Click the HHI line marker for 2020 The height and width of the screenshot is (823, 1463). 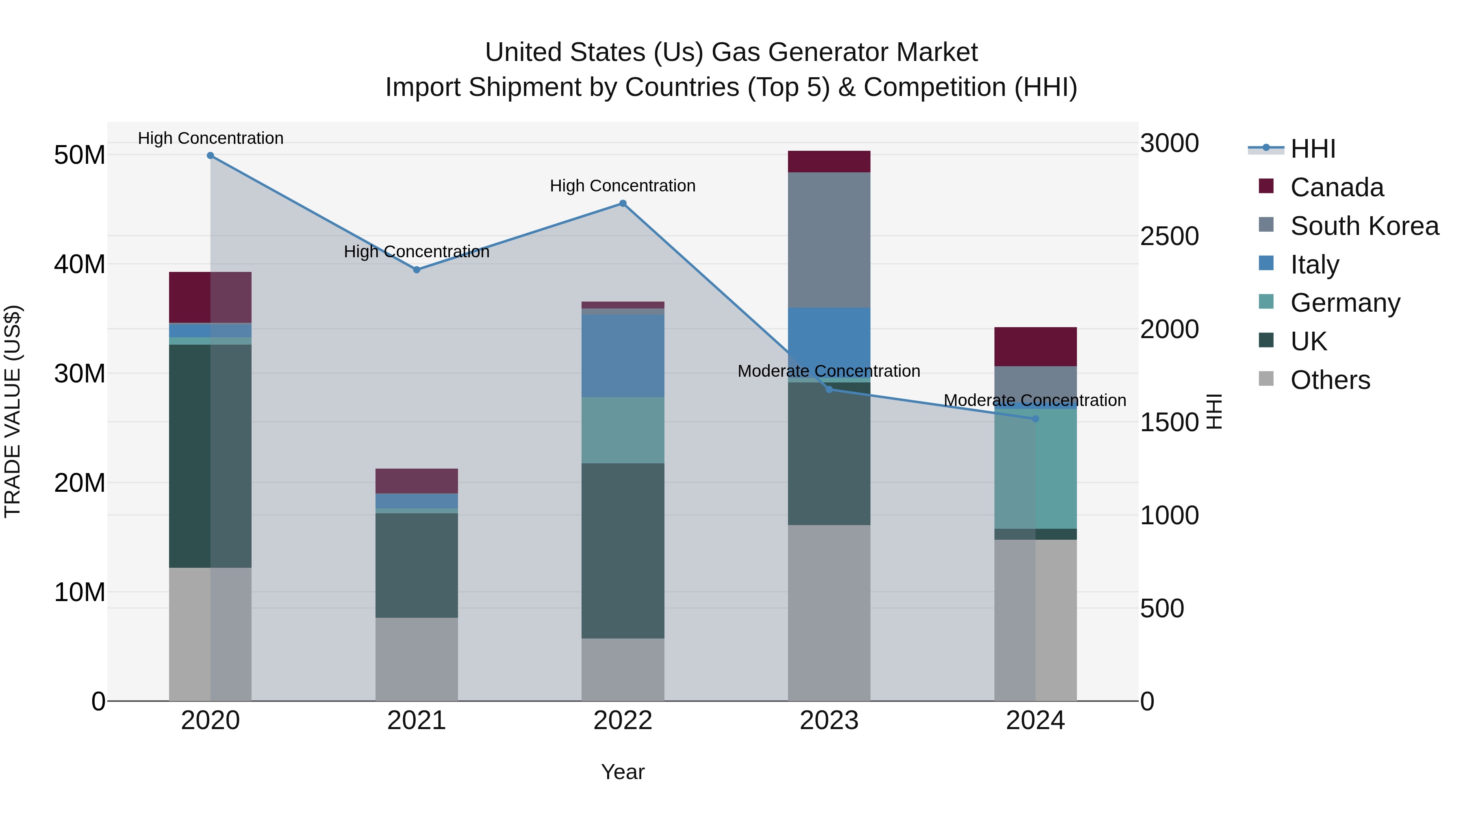[x=210, y=156]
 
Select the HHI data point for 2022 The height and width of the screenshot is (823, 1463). [x=623, y=203]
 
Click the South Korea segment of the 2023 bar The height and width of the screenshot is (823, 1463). [x=829, y=240]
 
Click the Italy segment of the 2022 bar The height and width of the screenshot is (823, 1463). [x=623, y=356]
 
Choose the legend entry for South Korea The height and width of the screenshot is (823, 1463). [x=1364, y=226]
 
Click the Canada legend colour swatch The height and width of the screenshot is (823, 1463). [x=1266, y=186]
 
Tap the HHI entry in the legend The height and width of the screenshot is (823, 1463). [x=1313, y=149]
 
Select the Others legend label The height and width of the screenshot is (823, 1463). [x=1330, y=380]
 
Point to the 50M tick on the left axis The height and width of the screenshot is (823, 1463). [x=80, y=155]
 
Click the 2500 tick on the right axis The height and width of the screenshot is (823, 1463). [x=1169, y=236]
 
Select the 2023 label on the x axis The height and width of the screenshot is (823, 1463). [x=829, y=721]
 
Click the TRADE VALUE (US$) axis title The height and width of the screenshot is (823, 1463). [x=13, y=411]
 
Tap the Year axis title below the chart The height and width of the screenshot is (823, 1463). [x=623, y=772]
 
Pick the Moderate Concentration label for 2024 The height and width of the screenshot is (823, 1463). [x=1035, y=400]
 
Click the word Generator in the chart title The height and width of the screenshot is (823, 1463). [x=835, y=52]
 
